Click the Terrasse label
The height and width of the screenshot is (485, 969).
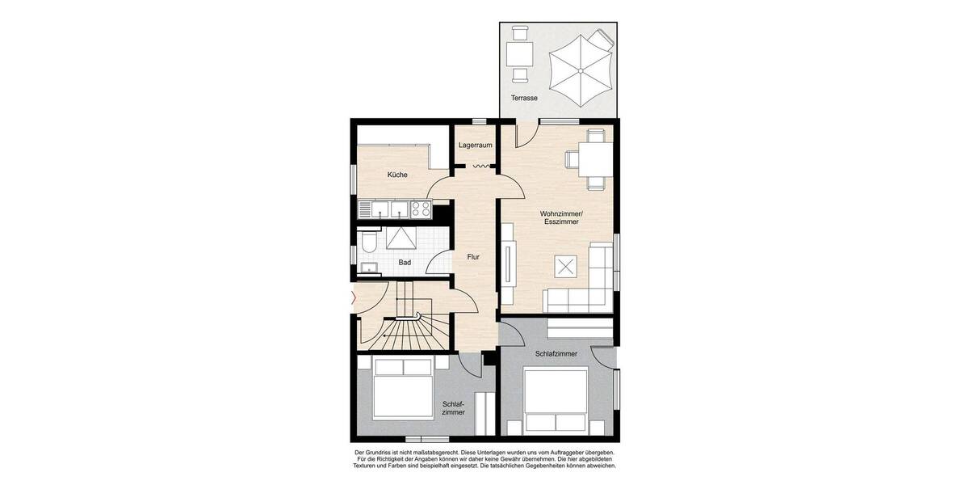pos(524,98)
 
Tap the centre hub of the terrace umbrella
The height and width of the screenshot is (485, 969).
pos(580,70)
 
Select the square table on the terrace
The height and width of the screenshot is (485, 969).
pos(518,54)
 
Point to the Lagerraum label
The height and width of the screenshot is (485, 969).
pos(475,145)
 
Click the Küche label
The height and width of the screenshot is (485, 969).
pos(397,175)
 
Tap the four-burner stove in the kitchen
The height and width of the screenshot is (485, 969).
pos(421,209)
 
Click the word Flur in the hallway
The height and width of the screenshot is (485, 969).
pos(473,257)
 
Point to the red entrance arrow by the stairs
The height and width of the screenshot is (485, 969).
pos(352,297)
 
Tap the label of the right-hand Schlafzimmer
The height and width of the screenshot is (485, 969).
pos(556,354)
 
